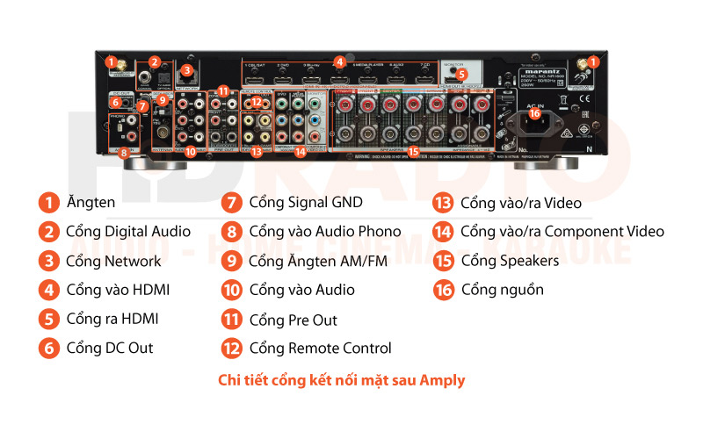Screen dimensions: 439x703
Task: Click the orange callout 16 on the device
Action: pyautogui.click(x=533, y=112)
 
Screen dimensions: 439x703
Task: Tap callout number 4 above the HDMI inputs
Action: pyautogui.click(x=340, y=62)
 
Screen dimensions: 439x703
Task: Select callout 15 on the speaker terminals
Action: pyautogui.click(x=413, y=151)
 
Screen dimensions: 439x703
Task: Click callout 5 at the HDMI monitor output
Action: pyautogui.click(x=461, y=75)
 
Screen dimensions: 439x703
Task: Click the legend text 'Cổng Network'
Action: pyautogui.click(x=113, y=261)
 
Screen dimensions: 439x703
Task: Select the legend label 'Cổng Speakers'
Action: pyautogui.click(x=510, y=261)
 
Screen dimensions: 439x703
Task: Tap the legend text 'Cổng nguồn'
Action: pyautogui.click(x=502, y=290)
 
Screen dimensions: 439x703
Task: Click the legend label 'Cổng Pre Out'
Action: pyautogui.click(x=293, y=320)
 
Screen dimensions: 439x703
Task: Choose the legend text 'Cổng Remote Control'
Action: pyautogui.click(x=320, y=349)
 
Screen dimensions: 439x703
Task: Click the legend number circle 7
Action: pyautogui.click(x=232, y=203)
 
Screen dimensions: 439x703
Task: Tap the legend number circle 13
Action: pyautogui.click(x=443, y=203)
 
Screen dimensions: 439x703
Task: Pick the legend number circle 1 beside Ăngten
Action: pyautogui.click(x=47, y=203)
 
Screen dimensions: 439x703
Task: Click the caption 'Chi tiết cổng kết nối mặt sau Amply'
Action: pyautogui.click(x=341, y=380)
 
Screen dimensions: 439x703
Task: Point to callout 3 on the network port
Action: pyautogui.click(x=185, y=71)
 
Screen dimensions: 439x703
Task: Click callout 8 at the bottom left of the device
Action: pyautogui.click(x=123, y=152)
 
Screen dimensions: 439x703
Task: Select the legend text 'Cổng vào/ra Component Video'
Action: pyautogui.click(x=562, y=232)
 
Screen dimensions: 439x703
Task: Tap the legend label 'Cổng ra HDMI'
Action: pyautogui.click(x=112, y=319)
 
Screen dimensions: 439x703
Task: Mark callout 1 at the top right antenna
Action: pyautogui.click(x=593, y=61)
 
